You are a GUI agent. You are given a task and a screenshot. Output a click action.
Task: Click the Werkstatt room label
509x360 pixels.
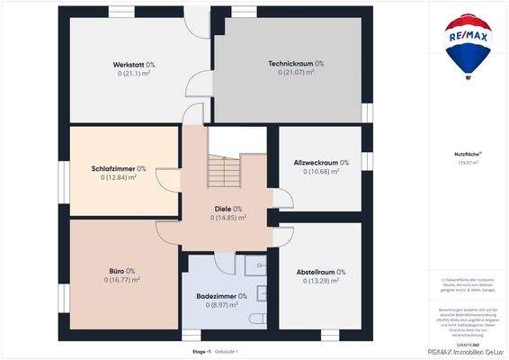(126, 64)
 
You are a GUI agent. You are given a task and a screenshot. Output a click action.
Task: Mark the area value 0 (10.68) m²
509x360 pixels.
(321, 171)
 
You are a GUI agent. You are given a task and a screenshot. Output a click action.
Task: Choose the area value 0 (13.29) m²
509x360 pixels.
(321, 281)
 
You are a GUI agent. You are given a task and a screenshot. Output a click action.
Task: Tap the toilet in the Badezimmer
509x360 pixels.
(257, 320)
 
